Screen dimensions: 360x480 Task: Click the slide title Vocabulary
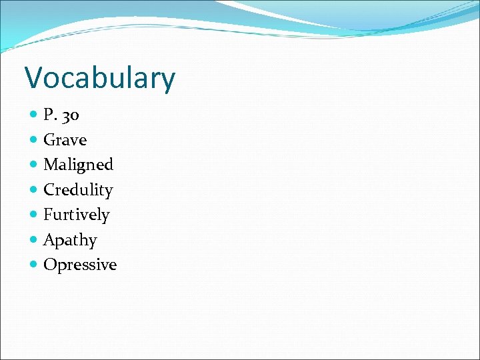[x=100, y=78]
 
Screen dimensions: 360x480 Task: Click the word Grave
[x=65, y=140]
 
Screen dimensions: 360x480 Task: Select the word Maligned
[x=78, y=165]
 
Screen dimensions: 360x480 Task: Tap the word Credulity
[x=78, y=190]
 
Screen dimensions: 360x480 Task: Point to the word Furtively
[x=76, y=215]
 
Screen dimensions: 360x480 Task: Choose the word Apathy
[x=70, y=240]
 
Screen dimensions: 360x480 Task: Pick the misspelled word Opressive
[x=80, y=265]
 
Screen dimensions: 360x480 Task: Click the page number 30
[x=70, y=115]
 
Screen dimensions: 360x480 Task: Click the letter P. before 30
[x=49, y=115]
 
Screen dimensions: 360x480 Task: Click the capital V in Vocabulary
[x=33, y=77]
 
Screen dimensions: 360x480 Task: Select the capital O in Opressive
[x=49, y=265]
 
